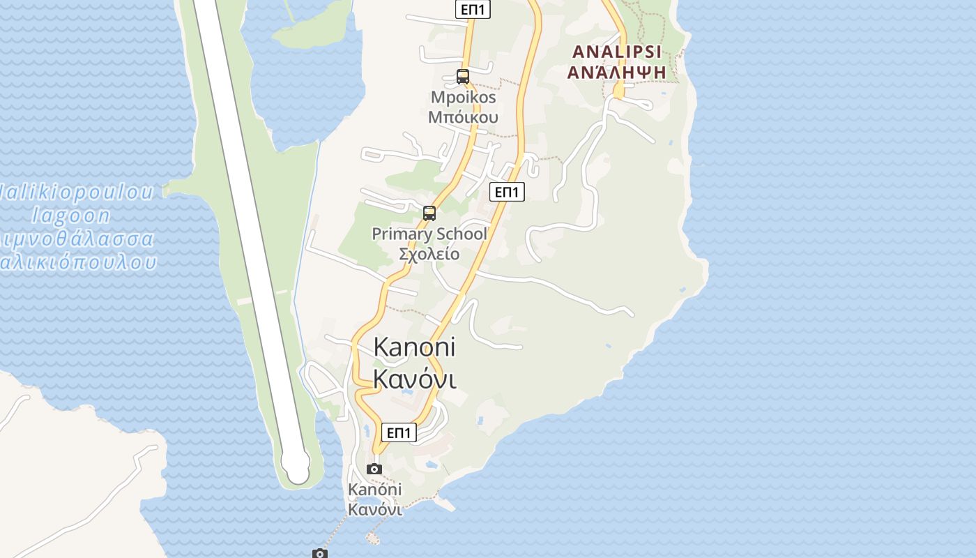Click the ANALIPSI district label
click(x=616, y=52)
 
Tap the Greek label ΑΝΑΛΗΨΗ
click(x=616, y=71)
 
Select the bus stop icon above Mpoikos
click(x=463, y=77)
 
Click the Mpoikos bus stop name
click(x=463, y=98)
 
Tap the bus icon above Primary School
click(x=429, y=213)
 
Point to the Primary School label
click(x=429, y=234)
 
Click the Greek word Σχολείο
click(x=429, y=253)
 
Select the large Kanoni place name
click(x=414, y=347)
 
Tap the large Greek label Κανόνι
click(x=414, y=379)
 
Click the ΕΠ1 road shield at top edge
click(x=474, y=9)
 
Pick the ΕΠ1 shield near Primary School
click(x=507, y=192)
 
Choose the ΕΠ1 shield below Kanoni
click(x=399, y=432)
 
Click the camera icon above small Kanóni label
click(x=374, y=469)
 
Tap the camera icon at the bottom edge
click(x=319, y=554)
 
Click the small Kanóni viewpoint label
click(x=375, y=490)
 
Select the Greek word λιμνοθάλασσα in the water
click(x=77, y=239)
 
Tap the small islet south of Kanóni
click(x=374, y=538)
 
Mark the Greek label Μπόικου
click(x=463, y=116)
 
